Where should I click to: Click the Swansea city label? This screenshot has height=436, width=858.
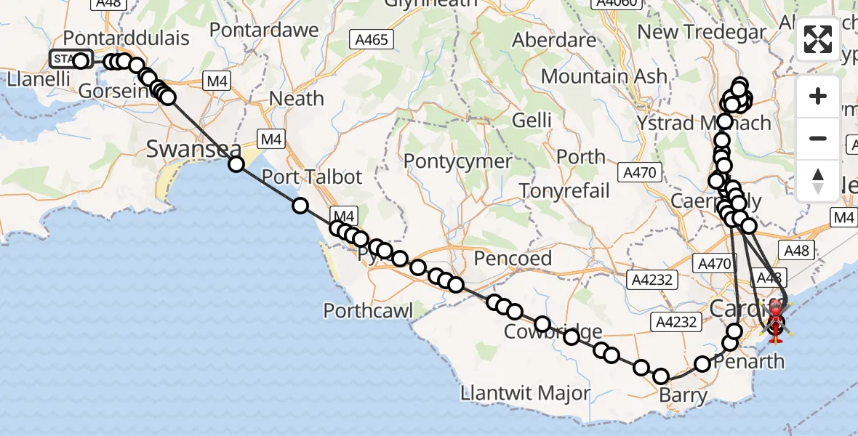pos(193,150)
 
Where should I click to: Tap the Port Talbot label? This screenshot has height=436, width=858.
pos(311,177)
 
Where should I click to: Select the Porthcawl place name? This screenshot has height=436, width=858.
pos(368,312)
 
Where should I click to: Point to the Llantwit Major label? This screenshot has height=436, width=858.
pos(526,394)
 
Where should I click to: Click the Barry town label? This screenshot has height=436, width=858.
pos(683,396)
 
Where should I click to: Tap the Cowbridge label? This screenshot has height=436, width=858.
pos(544,332)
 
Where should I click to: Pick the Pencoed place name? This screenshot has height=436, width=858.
pos(513,258)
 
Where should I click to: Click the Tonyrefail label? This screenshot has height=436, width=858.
pos(564,190)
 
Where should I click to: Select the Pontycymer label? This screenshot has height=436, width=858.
pos(457,160)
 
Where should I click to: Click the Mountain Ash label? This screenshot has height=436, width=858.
pos(604,76)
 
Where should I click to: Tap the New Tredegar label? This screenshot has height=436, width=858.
pos(702,32)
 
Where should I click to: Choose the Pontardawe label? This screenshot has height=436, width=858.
pos(265,30)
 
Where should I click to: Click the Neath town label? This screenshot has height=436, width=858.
pos(297,98)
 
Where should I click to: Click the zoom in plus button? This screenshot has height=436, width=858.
pos(818,96)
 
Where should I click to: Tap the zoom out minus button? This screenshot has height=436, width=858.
pos(818,138)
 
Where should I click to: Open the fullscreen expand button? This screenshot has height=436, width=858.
pos(818,39)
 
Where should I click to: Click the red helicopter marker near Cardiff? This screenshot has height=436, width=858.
pos(776,320)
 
